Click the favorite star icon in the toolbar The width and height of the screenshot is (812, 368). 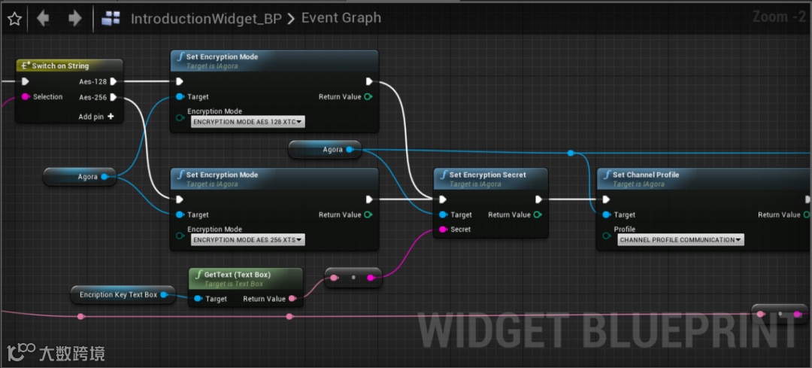[x=14, y=19]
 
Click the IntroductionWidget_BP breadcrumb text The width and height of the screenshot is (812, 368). [x=204, y=19]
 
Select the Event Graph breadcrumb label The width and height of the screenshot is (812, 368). [x=341, y=18]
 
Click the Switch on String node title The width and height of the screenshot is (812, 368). [x=60, y=66]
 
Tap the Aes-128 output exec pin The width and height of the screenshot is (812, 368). [x=114, y=81]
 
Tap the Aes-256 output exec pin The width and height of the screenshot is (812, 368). [x=114, y=97]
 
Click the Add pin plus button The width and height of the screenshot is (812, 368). [x=111, y=117]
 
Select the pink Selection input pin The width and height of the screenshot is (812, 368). [x=25, y=97]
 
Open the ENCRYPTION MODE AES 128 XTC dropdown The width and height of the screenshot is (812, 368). [x=247, y=121]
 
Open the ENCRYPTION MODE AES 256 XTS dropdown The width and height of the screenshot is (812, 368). [x=247, y=239]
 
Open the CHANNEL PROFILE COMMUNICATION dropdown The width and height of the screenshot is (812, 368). [x=680, y=240]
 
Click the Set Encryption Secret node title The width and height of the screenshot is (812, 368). [x=487, y=175]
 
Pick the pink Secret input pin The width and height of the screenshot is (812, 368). [x=443, y=230]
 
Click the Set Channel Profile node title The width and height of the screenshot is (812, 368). [x=645, y=175]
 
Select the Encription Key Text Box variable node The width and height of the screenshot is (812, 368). [x=119, y=295]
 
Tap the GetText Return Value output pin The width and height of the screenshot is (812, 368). [x=292, y=299]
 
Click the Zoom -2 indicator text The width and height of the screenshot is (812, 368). [x=779, y=17]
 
